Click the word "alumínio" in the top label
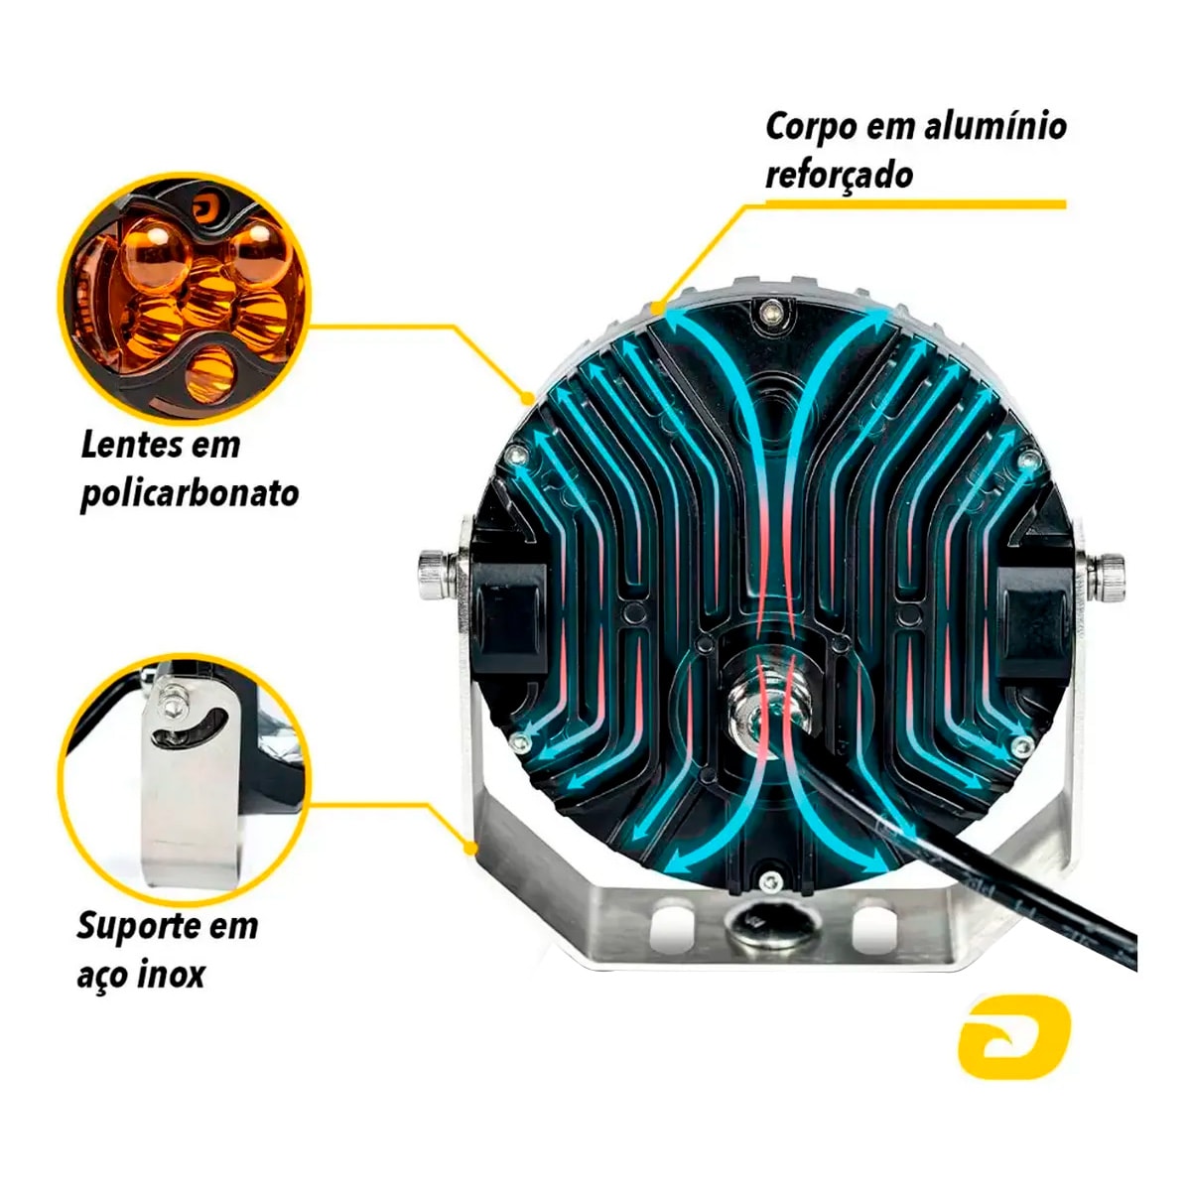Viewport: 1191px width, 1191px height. click(x=995, y=126)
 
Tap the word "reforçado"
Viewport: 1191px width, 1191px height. click(x=840, y=175)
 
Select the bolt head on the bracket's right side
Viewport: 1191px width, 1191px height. click(x=1106, y=578)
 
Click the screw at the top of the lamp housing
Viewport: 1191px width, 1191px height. click(x=771, y=311)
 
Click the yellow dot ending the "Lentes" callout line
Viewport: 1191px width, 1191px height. click(x=527, y=398)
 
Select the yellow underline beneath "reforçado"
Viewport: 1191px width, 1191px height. click(x=916, y=204)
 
